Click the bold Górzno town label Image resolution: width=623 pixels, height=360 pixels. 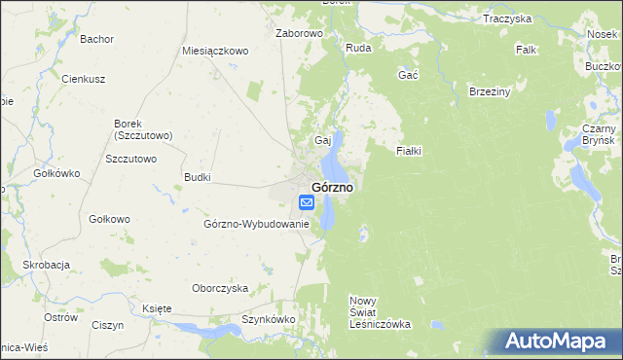(332, 186)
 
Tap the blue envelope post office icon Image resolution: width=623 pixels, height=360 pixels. (306, 202)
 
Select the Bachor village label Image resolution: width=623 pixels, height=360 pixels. (97, 39)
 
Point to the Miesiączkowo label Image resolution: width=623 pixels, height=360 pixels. (216, 50)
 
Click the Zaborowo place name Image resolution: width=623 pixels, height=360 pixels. (299, 33)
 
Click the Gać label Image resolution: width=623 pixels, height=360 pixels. (409, 75)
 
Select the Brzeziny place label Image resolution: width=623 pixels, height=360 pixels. (490, 91)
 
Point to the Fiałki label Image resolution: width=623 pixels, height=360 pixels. (409, 152)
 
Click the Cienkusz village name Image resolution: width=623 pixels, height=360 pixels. (83, 79)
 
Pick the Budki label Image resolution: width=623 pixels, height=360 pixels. (198, 177)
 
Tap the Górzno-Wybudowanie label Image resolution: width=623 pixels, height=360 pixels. (256, 224)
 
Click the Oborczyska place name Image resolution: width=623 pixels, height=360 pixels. (220, 288)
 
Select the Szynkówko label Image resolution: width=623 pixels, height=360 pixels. (268, 319)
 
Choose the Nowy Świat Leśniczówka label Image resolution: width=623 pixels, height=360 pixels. (381, 312)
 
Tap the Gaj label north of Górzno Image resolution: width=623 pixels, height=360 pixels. (322, 140)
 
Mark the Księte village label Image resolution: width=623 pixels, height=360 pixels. (157, 308)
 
